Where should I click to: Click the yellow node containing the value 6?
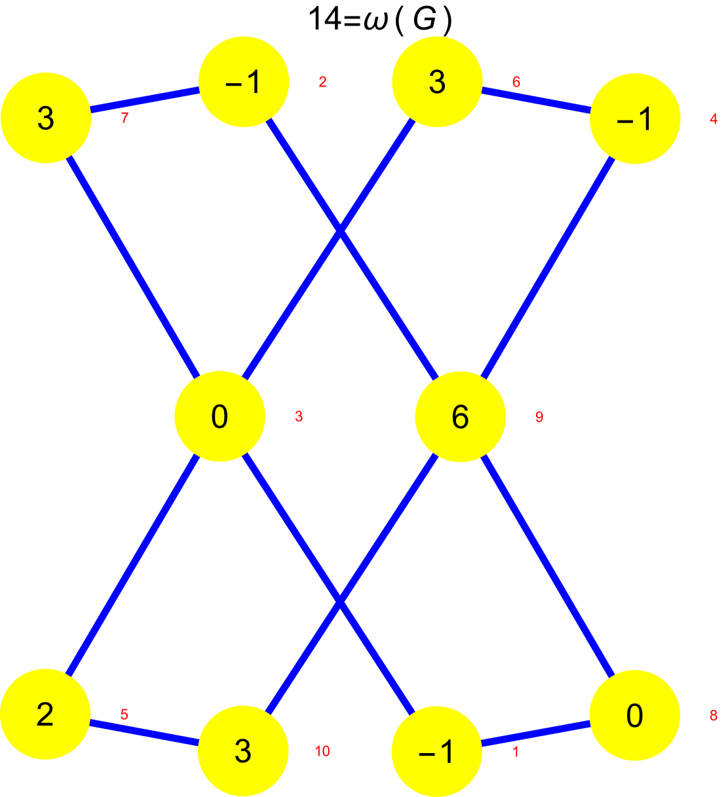click(x=461, y=417)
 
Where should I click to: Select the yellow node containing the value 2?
click(x=45, y=714)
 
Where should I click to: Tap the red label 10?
click(x=322, y=751)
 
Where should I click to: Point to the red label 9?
click(x=539, y=417)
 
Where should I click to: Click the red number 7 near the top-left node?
click(x=125, y=118)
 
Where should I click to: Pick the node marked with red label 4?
click(x=634, y=119)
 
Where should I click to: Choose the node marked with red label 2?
click(x=244, y=83)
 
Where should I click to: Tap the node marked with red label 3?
click(x=220, y=417)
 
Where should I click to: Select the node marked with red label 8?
click(x=634, y=715)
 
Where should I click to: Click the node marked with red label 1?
click(x=437, y=751)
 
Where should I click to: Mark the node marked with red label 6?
click(x=437, y=82)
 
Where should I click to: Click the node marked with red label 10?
click(x=243, y=751)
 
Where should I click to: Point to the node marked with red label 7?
click(x=45, y=118)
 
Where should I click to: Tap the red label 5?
click(x=124, y=714)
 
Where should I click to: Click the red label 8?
click(x=714, y=716)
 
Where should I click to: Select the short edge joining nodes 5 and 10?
click(x=144, y=733)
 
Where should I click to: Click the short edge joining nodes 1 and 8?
click(x=535, y=733)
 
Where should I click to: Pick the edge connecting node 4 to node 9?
click(x=547, y=267)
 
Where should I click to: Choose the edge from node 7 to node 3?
click(x=132, y=267)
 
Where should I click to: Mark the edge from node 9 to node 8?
click(x=547, y=566)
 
